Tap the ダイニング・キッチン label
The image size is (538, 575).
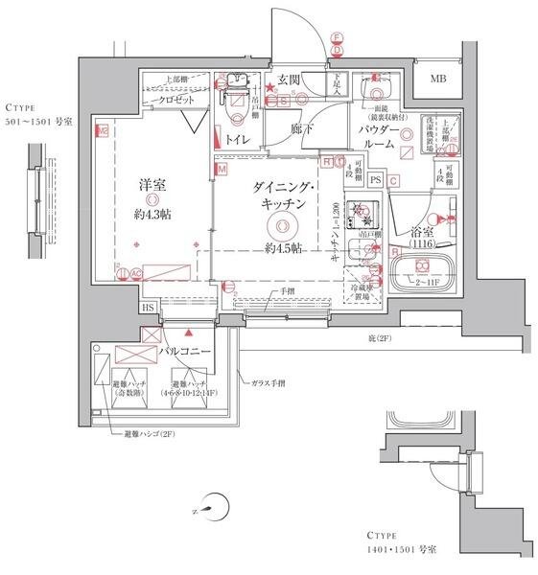(280, 195)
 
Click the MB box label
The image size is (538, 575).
(437, 80)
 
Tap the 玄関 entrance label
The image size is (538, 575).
(291, 80)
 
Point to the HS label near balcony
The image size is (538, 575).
(148, 309)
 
